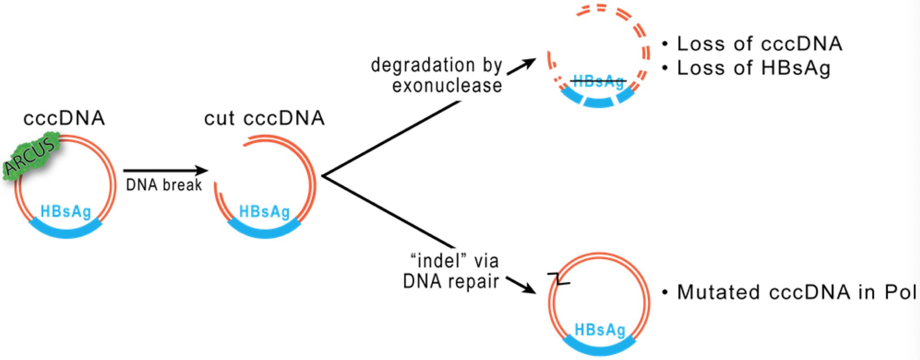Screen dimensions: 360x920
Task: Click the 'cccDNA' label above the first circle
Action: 64,119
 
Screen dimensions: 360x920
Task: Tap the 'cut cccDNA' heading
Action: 264,119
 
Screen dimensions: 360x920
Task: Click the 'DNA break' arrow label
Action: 164,185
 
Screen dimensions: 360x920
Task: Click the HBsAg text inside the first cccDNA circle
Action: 66,211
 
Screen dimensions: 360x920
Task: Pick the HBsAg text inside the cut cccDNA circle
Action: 264,212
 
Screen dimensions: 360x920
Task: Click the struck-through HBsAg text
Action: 598,81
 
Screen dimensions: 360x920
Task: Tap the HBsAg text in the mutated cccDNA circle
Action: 599,330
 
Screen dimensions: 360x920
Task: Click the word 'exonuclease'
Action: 447,86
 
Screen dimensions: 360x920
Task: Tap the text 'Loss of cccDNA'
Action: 759,44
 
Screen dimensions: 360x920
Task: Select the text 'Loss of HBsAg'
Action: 753,68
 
